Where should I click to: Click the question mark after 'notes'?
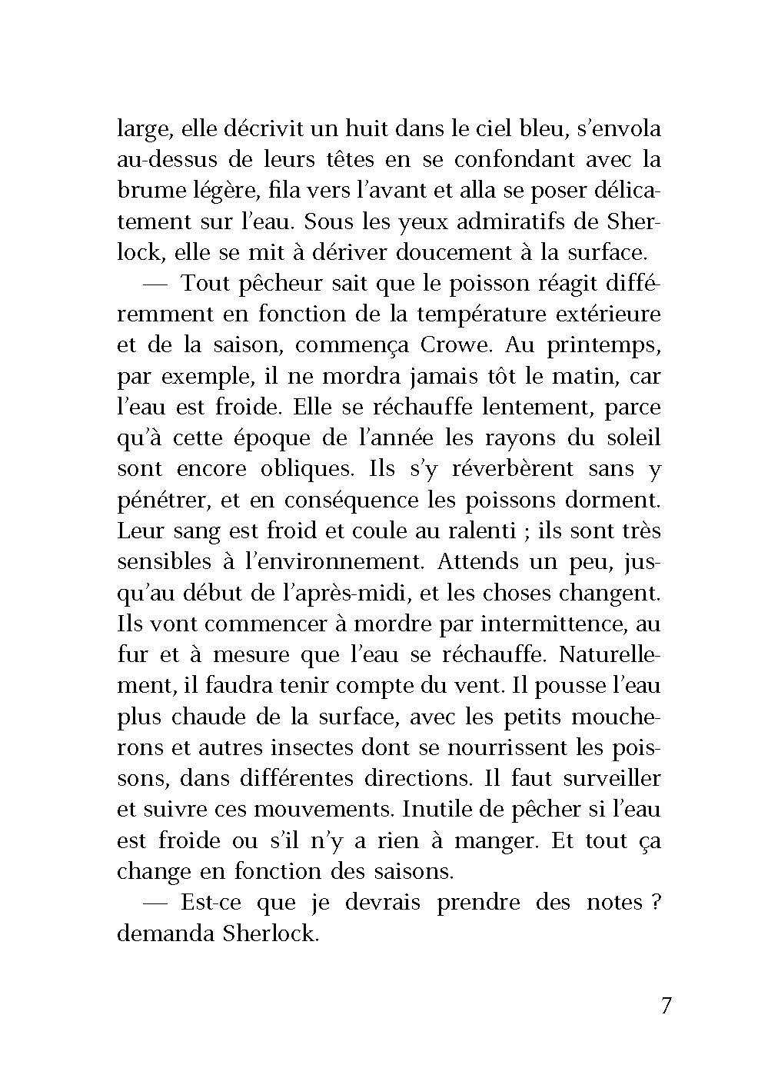(x=654, y=902)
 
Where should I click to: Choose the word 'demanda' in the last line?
(x=157, y=933)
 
